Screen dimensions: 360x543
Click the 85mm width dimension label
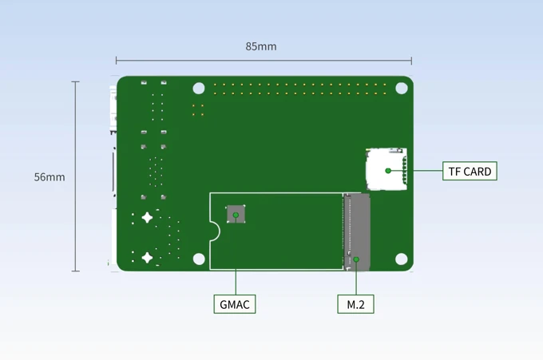pyautogui.click(x=261, y=46)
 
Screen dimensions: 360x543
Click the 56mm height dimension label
pyautogui.click(x=50, y=177)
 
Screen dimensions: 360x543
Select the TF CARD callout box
pyautogui.click(x=470, y=171)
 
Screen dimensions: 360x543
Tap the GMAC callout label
pyautogui.click(x=235, y=304)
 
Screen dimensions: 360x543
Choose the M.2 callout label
pyautogui.click(x=355, y=304)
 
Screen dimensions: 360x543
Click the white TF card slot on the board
pyautogui.click(x=386, y=169)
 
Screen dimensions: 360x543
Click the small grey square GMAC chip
pyautogui.click(x=236, y=214)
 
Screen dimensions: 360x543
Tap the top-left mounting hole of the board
pyautogui.click(x=199, y=89)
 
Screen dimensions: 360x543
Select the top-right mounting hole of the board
pyautogui.click(x=402, y=89)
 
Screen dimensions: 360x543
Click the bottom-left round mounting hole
pyautogui.click(x=199, y=259)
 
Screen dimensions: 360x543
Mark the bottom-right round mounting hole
pyautogui.click(x=402, y=259)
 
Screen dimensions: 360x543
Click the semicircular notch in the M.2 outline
pyautogui.click(x=214, y=231)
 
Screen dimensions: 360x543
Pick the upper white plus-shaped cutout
pyautogui.click(x=147, y=218)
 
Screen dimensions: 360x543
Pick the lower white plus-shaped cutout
pyautogui.click(x=147, y=257)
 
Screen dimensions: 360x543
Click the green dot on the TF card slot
pyautogui.click(x=388, y=170)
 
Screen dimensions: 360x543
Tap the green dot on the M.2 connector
pyautogui.click(x=357, y=259)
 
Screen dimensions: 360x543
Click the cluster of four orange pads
pyautogui.click(x=198, y=110)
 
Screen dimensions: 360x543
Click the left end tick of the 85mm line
pyautogui.click(x=117, y=61)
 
